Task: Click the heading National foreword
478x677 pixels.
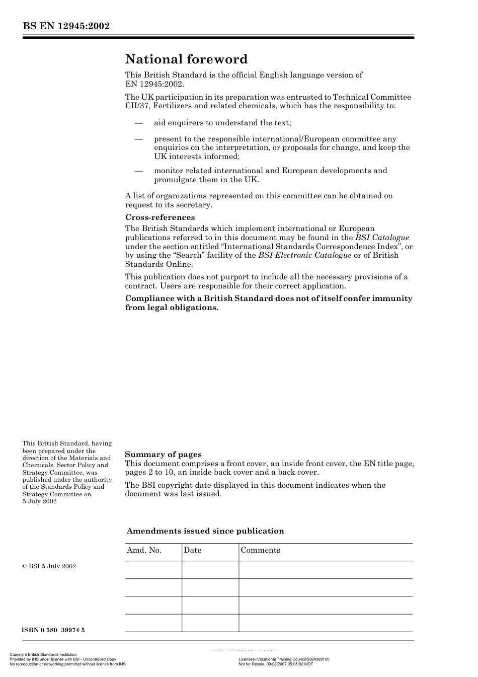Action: click(x=186, y=59)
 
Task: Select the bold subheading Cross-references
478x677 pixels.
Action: click(x=160, y=217)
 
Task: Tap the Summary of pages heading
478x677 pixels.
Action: click(x=163, y=455)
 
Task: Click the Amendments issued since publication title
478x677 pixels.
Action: click(x=205, y=531)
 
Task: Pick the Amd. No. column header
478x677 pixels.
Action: click(x=144, y=550)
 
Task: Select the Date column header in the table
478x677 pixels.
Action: click(x=192, y=550)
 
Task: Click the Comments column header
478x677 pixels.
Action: click(x=260, y=550)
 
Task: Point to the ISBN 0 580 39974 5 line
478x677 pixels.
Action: click(x=53, y=630)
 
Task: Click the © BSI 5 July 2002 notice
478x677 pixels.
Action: click(x=49, y=566)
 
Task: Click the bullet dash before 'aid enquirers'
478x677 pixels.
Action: click(x=139, y=123)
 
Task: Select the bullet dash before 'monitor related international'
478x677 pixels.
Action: click(x=139, y=171)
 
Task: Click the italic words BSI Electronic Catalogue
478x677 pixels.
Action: click(x=304, y=255)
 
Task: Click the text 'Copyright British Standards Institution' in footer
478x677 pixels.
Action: click(x=43, y=655)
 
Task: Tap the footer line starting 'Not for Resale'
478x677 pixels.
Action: click(x=275, y=664)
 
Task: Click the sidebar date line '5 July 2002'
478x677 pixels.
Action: click(x=40, y=501)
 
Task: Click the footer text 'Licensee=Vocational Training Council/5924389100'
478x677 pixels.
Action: click(x=283, y=659)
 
